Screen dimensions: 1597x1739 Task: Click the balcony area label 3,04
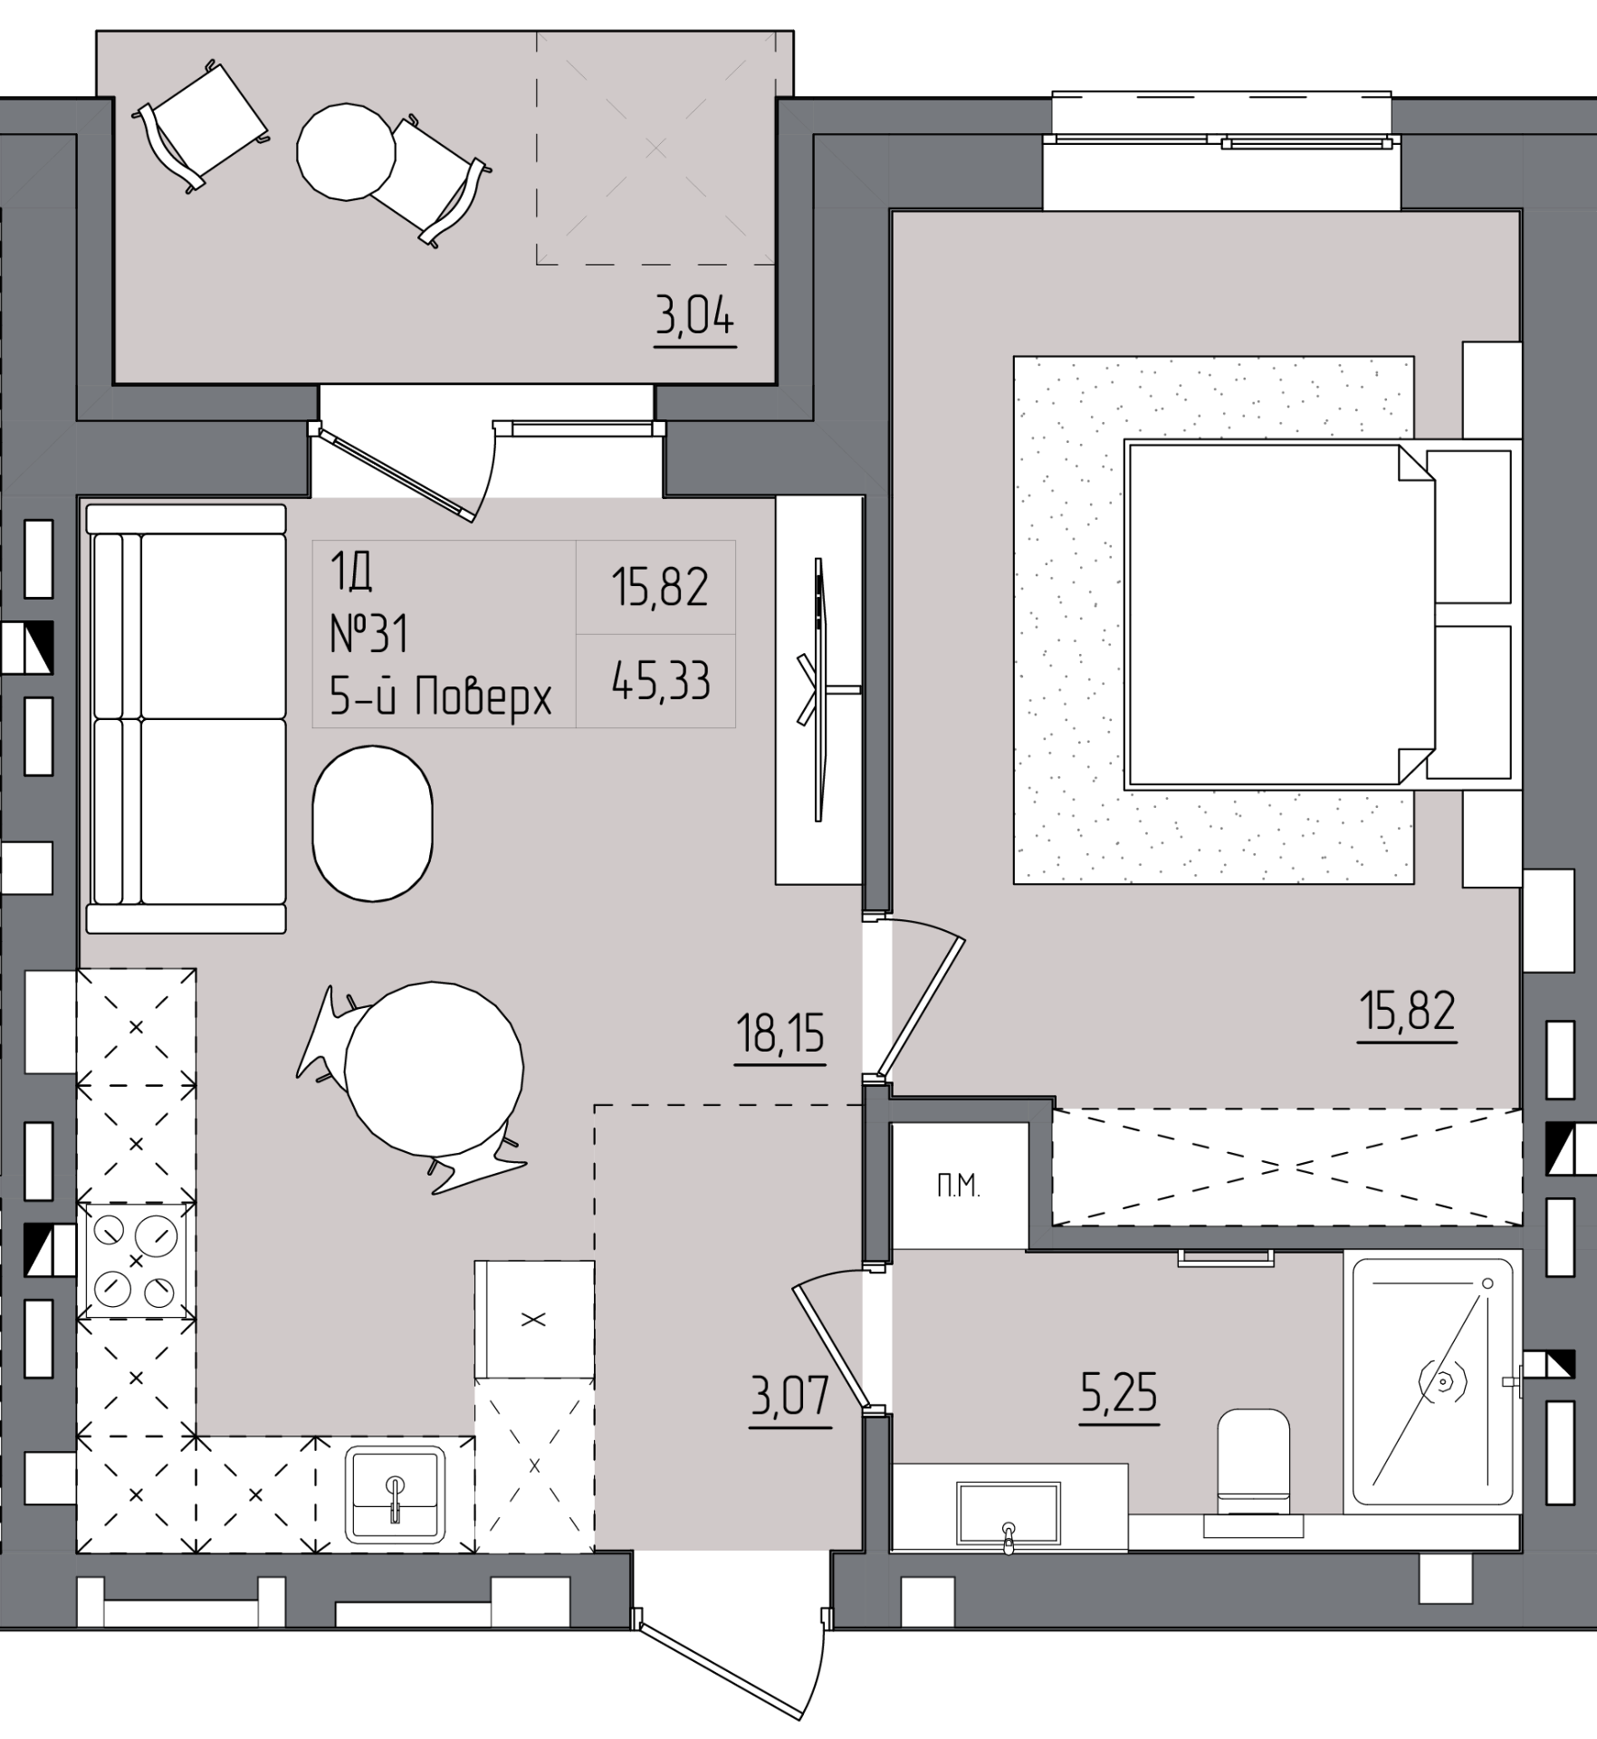(695, 319)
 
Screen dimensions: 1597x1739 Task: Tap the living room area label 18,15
(780, 1034)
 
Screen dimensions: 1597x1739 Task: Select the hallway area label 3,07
(789, 1395)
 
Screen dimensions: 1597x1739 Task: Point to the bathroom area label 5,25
(1119, 1393)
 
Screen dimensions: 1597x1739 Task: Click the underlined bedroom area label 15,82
(1408, 1011)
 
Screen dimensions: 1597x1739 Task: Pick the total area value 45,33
(660, 681)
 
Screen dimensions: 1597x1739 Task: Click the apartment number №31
(369, 633)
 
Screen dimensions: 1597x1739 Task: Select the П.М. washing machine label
(959, 1187)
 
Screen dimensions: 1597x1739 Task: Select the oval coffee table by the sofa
(372, 823)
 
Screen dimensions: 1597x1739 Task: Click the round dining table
(435, 1069)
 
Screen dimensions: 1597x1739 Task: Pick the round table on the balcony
(347, 152)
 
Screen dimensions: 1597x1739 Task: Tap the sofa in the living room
(186, 718)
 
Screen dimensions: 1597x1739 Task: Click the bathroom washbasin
(1009, 1513)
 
